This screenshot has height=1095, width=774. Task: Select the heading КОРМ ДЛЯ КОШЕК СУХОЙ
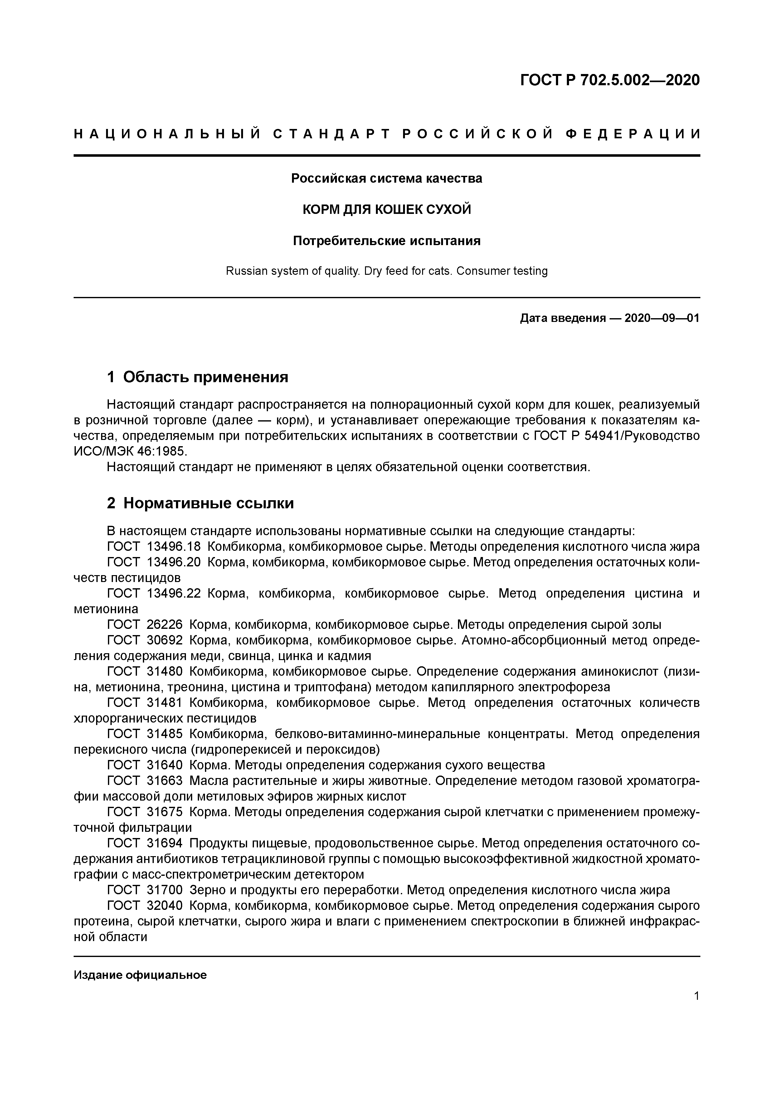[x=387, y=210]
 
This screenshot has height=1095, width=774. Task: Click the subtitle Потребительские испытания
[x=387, y=241]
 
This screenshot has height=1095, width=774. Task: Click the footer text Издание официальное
[x=140, y=975]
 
